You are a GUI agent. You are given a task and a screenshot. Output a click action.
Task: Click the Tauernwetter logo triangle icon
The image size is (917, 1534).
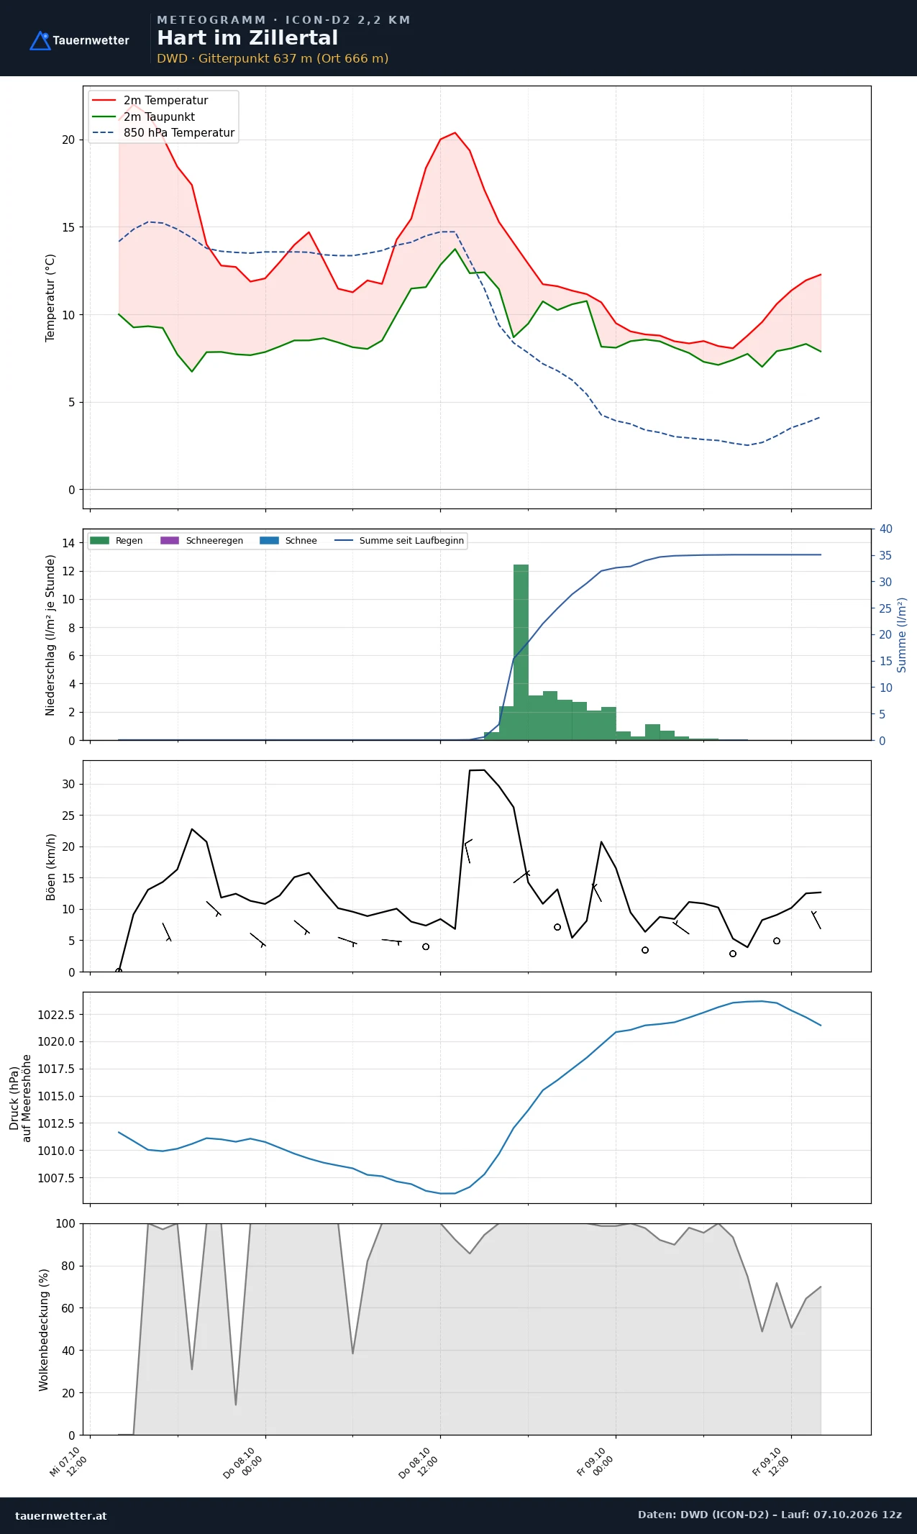click(40, 41)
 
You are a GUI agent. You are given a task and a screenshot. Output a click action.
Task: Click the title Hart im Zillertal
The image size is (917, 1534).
click(247, 38)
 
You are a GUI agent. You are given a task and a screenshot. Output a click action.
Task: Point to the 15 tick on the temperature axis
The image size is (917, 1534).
click(68, 227)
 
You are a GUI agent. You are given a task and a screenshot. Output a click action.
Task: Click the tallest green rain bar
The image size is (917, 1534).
click(521, 652)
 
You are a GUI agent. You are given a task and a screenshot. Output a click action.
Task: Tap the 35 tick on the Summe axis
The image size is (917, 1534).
click(885, 555)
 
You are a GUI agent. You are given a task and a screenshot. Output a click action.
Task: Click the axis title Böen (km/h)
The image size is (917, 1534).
click(50, 867)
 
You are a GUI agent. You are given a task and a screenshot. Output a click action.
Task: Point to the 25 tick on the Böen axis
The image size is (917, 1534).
click(68, 816)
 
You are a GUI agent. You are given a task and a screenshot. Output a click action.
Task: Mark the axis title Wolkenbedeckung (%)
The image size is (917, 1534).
click(44, 1330)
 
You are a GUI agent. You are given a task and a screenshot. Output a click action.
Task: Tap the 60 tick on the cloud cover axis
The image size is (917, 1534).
click(68, 1308)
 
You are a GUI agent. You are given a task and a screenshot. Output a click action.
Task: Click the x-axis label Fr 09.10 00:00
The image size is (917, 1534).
click(596, 1461)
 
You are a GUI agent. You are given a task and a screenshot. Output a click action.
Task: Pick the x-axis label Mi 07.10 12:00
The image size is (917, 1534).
click(69, 1461)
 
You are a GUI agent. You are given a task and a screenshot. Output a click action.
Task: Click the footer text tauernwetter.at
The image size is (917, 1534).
click(61, 1515)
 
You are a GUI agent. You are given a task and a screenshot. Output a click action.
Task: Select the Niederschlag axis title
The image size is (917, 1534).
click(50, 634)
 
